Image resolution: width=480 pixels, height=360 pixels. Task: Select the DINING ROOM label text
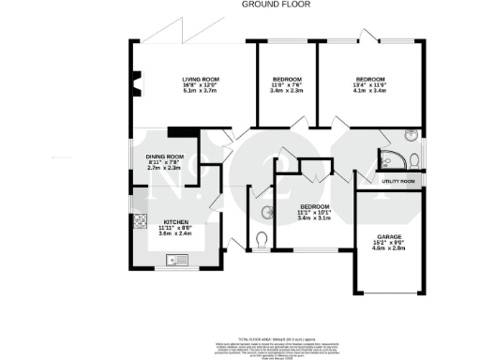coord(165,156)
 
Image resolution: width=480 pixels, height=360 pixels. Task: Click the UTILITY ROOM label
coord(397,180)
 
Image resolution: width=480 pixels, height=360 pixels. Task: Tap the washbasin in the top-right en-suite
coord(412,134)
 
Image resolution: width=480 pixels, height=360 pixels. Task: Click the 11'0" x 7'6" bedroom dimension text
coord(287,85)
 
